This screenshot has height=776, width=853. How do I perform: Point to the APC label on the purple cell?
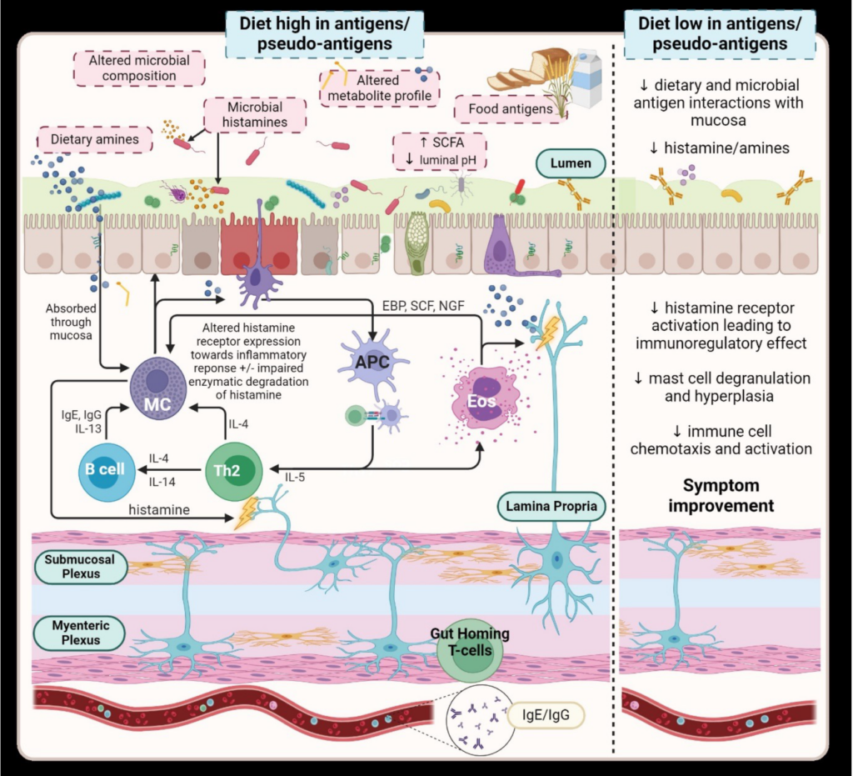coord(372,364)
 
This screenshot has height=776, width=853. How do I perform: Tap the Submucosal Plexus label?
coord(79,567)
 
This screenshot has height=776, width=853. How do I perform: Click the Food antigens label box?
coord(505,109)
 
